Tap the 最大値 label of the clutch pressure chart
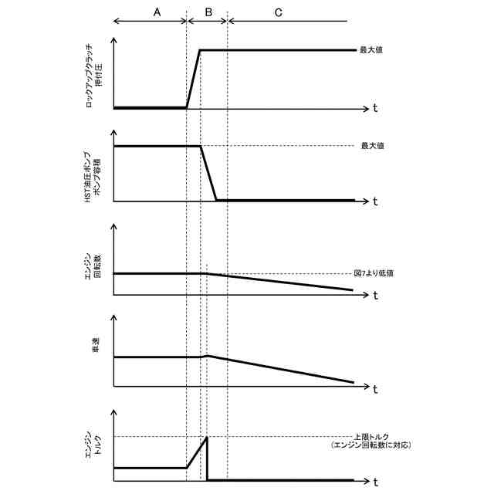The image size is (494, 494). pyautogui.click(x=372, y=50)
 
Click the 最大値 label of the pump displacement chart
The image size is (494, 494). pyautogui.click(x=372, y=146)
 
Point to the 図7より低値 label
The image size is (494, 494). pyautogui.click(x=374, y=273)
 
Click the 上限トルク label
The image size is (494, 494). pyautogui.click(x=369, y=436)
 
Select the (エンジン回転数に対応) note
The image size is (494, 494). pyautogui.click(x=369, y=446)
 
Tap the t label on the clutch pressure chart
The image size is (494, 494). pyautogui.click(x=374, y=109)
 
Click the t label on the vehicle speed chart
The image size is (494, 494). pyautogui.click(x=374, y=387)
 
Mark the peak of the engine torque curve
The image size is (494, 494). pyautogui.click(x=207, y=438)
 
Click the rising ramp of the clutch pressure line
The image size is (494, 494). pyautogui.click(x=193, y=79)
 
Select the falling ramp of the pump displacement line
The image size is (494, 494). pyautogui.click(x=208, y=174)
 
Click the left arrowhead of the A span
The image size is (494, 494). pyautogui.click(x=115, y=22)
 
